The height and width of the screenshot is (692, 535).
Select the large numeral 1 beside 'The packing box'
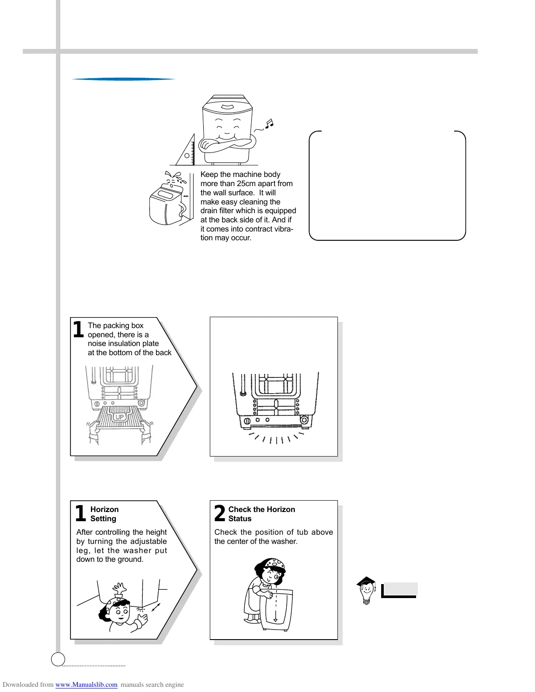78,329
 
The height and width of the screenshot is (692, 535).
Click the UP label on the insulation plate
119,417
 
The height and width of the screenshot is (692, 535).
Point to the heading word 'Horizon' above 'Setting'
104,509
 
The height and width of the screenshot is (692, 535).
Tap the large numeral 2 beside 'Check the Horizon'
219,513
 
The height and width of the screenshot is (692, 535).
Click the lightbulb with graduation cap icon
366,590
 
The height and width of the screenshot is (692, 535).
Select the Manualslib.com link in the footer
87,685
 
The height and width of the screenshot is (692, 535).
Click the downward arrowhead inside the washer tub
275,620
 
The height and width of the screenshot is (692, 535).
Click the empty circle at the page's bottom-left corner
58,659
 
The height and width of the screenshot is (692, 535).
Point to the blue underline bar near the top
123,79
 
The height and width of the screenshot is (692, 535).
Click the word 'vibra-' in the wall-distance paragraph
282,229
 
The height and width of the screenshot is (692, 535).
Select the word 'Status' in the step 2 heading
240,519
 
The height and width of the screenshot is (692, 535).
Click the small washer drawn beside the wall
164,205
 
